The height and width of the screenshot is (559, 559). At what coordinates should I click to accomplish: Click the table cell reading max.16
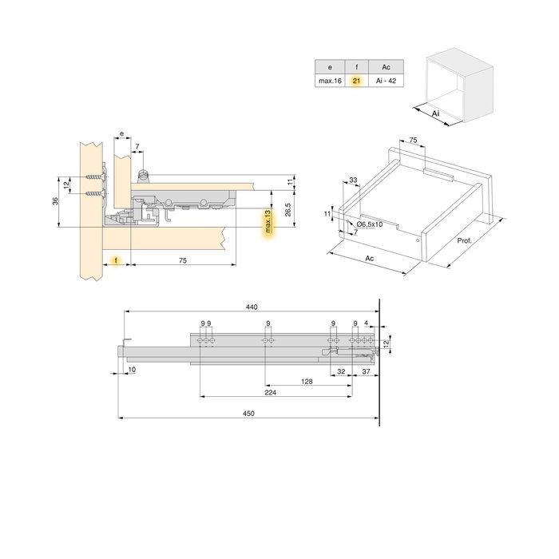(x=330, y=81)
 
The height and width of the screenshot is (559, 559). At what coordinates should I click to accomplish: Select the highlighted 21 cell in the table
(x=356, y=81)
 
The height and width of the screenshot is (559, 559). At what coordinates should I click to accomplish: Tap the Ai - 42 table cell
(x=386, y=81)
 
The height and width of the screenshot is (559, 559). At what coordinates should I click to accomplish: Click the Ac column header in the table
(x=386, y=67)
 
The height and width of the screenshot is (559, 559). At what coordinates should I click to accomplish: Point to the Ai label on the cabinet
(x=436, y=113)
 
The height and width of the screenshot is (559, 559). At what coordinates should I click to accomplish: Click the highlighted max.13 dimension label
(x=268, y=221)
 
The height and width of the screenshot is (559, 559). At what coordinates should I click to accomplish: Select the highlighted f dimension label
(x=116, y=260)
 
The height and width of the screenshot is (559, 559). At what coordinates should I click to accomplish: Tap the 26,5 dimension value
(x=288, y=209)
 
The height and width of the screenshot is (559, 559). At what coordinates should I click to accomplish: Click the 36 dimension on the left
(x=55, y=201)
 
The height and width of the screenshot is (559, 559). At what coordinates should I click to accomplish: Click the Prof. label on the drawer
(x=464, y=240)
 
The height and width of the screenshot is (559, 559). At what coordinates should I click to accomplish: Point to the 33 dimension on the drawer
(x=353, y=180)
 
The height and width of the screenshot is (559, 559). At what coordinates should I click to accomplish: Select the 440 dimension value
(x=252, y=307)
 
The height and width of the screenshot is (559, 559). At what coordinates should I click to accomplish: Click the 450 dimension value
(x=248, y=413)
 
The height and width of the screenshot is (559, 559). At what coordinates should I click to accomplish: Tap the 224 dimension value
(x=271, y=393)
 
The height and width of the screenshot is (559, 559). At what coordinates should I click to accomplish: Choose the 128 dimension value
(x=307, y=382)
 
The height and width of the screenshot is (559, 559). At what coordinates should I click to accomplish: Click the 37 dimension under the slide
(x=366, y=371)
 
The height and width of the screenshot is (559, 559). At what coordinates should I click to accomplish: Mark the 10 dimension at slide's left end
(x=132, y=370)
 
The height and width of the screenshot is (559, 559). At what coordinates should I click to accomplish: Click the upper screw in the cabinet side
(x=96, y=177)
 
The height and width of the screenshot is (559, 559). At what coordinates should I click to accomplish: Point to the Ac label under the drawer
(x=369, y=258)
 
